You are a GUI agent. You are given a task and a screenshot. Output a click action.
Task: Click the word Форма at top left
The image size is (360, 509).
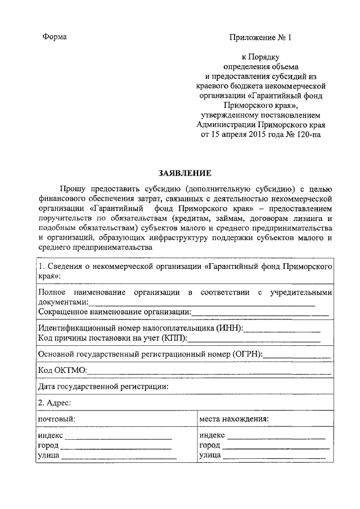(x=55, y=37)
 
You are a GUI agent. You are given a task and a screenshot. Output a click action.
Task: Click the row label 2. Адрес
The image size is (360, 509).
(x=54, y=403)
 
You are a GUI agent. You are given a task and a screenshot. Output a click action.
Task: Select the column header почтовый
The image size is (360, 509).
(x=57, y=418)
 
